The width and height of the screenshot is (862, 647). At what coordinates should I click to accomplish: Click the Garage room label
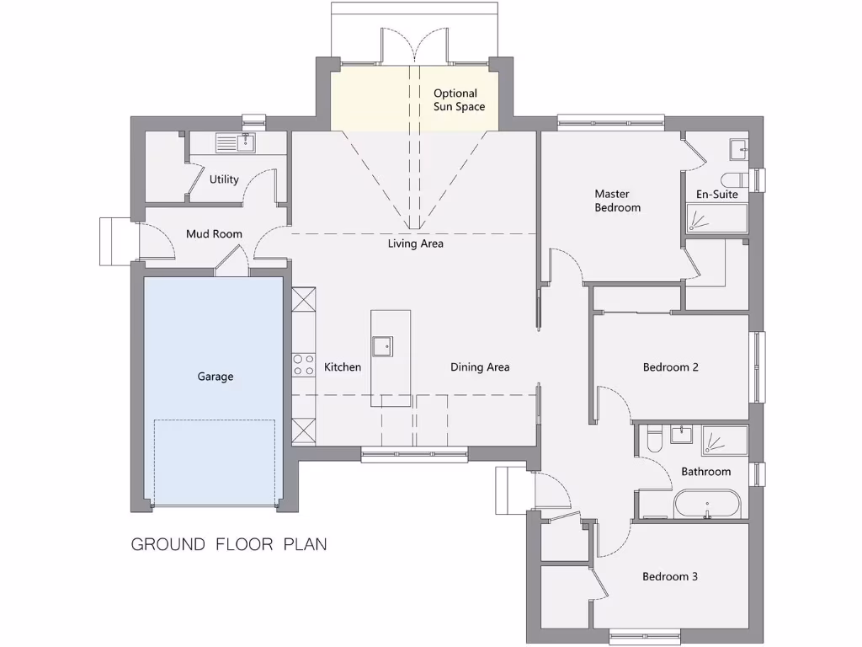tap(215, 377)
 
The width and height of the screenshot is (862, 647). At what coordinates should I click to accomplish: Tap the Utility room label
tap(224, 179)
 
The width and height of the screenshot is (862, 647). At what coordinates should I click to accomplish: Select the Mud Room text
tap(214, 234)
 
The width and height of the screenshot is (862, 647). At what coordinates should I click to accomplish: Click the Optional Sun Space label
tap(455, 100)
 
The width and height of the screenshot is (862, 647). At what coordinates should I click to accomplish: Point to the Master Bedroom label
tap(617, 201)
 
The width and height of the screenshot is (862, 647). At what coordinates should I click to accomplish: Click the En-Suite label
tap(716, 195)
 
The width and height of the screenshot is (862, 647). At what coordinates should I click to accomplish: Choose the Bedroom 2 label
tap(670, 367)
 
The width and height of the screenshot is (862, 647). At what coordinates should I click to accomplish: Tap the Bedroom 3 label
tap(670, 577)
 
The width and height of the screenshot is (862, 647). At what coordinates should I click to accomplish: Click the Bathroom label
tap(705, 472)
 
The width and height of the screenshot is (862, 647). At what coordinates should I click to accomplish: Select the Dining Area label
tap(479, 367)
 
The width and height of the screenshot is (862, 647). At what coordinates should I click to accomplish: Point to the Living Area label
tap(415, 244)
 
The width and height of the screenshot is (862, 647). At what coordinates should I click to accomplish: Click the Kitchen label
tap(343, 367)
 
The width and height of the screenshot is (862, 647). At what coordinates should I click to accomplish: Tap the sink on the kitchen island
tap(382, 344)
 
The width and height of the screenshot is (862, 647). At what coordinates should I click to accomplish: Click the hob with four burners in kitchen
tap(303, 364)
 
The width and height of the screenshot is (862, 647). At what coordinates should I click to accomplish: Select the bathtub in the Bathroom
tap(706, 504)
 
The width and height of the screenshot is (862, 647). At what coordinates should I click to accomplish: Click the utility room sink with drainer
tap(235, 143)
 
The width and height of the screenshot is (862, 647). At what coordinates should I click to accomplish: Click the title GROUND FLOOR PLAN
tap(229, 544)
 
